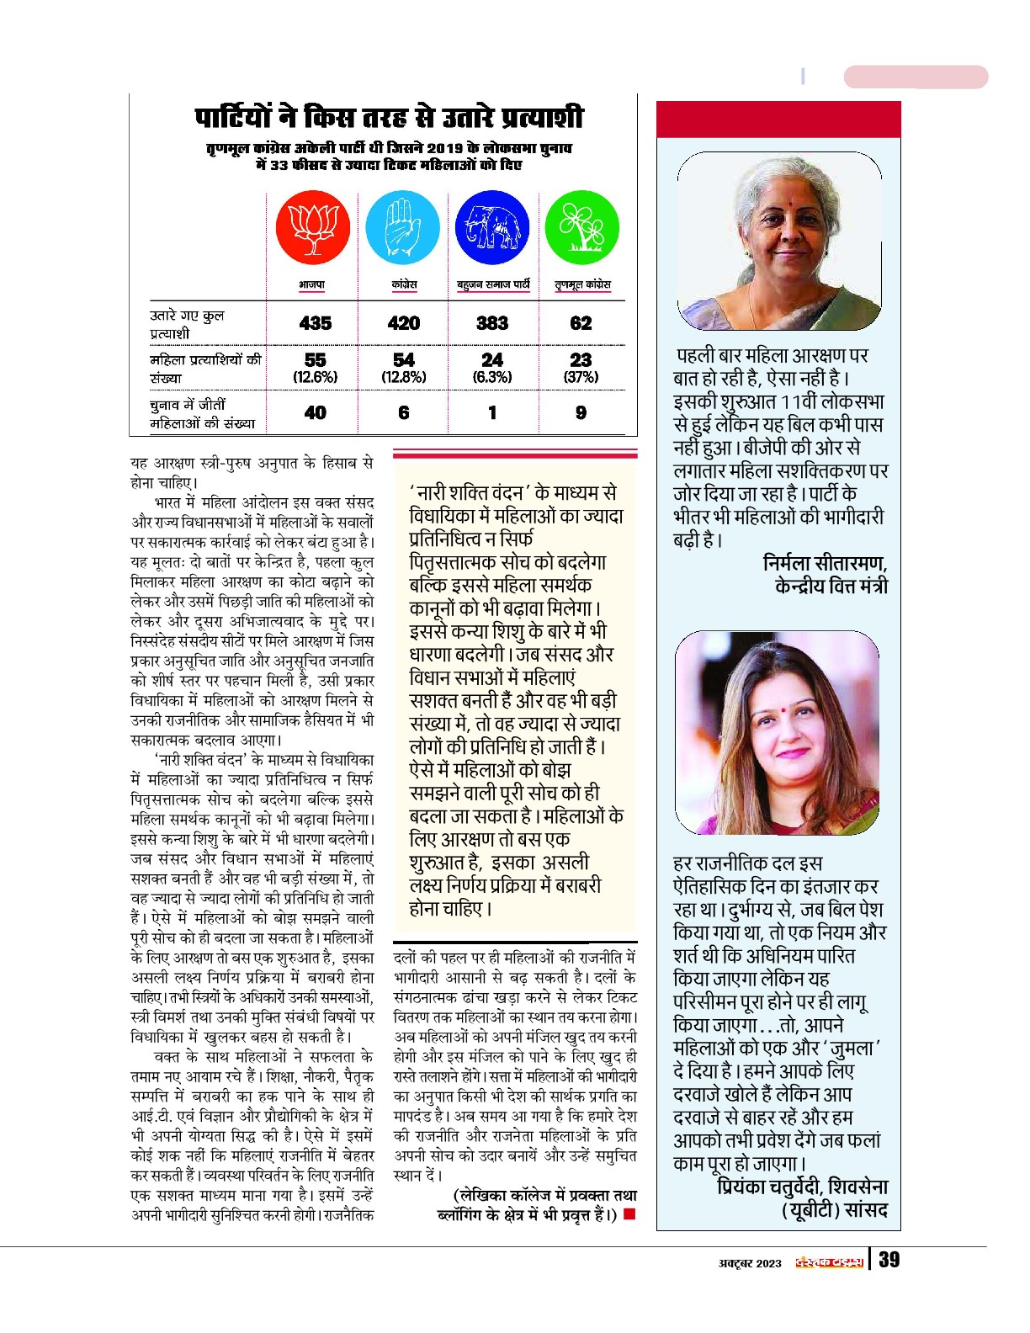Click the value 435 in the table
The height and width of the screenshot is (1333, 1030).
coord(316,323)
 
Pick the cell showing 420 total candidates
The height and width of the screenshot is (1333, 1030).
coord(404,323)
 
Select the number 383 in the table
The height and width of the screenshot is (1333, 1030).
coord(492,323)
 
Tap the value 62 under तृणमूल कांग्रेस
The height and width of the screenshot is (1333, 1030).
coord(581,323)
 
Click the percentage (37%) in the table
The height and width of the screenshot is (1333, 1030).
coord(581,377)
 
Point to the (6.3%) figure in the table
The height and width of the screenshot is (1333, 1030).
coord(492,377)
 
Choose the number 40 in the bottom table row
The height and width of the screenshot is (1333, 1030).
coord(316,412)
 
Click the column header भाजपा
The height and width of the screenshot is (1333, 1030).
coord(312,285)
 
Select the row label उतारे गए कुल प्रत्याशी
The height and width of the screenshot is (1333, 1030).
coord(187,324)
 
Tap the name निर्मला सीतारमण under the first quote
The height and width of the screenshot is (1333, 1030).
coord(825,563)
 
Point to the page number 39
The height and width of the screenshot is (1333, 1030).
coord(889,1260)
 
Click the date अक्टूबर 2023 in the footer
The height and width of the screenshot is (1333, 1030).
coord(750,1263)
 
